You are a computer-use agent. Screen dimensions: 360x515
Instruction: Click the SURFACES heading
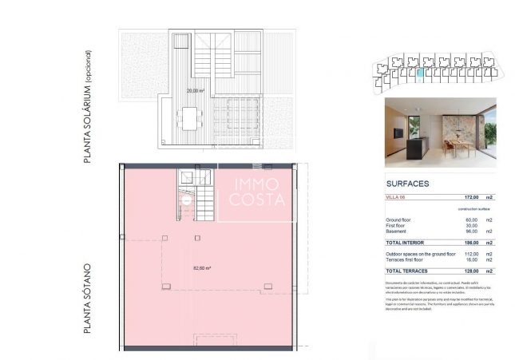[x=407, y=184]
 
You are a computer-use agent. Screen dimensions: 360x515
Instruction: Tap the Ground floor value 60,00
[x=471, y=219]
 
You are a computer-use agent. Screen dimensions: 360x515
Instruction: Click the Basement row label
[x=397, y=231]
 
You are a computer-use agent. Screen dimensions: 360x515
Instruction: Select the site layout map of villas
[x=431, y=72]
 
